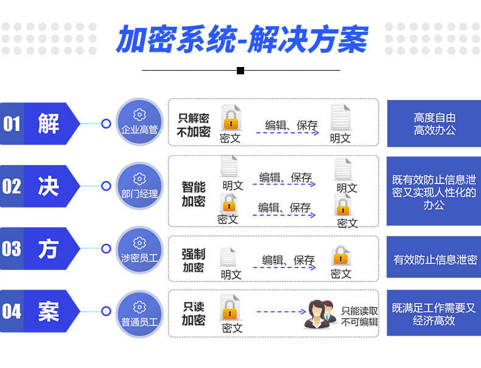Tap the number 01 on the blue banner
click(12, 124)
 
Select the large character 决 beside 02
click(48, 186)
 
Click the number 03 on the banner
click(12, 249)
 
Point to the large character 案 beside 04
click(48, 311)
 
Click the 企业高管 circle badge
click(139, 124)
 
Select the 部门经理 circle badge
click(139, 186)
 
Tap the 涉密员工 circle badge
click(139, 249)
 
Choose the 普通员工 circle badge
click(139, 311)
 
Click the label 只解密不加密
click(194, 124)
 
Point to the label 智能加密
click(194, 194)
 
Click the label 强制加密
click(194, 260)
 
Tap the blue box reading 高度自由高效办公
click(434, 124)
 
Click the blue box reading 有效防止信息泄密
click(434, 260)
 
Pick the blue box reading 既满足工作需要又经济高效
click(434, 314)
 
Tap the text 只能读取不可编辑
click(359, 316)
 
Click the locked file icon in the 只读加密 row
click(230, 308)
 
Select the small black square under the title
click(240, 71)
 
